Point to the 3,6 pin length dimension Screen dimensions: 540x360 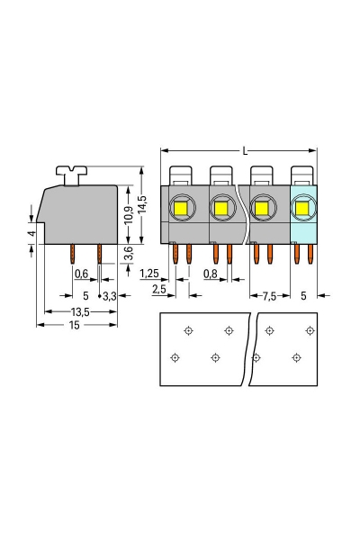pos(128,255)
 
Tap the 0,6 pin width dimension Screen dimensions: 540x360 pos(81,274)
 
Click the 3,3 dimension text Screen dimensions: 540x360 pos(110,295)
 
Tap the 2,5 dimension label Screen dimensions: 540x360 pos(159,289)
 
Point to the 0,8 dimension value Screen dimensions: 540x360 pos(210,274)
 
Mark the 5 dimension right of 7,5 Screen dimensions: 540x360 pos(303,295)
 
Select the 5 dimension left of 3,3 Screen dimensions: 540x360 pos(85,295)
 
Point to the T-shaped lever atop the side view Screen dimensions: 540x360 pos(67,170)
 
